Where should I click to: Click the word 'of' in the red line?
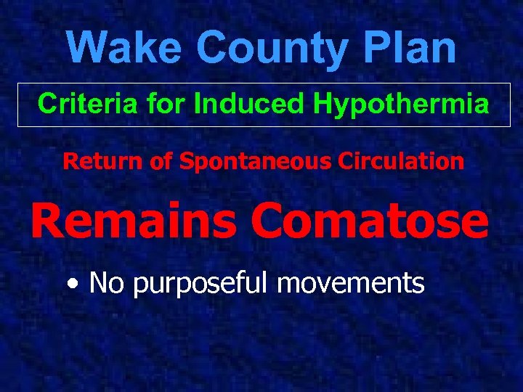[x=162, y=161]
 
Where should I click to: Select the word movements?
[x=351, y=282]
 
